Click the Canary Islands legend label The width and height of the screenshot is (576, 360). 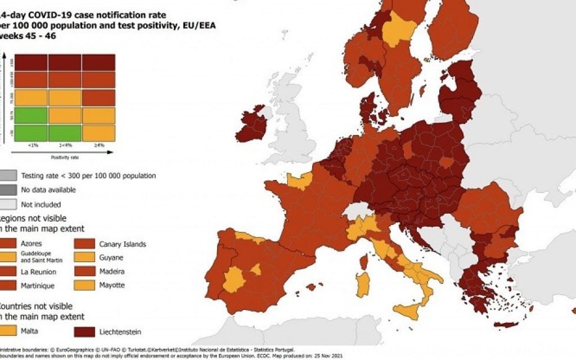[x=122, y=244]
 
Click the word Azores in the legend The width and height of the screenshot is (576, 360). [x=31, y=244]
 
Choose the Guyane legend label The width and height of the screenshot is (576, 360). [x=112, y=258]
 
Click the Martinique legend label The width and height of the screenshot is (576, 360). [x=37, y=285]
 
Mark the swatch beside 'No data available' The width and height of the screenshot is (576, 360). [x=8, y=190]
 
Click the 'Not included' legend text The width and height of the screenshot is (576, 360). [x=40, y=204]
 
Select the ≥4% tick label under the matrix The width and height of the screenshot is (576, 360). [x=99, y=145]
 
